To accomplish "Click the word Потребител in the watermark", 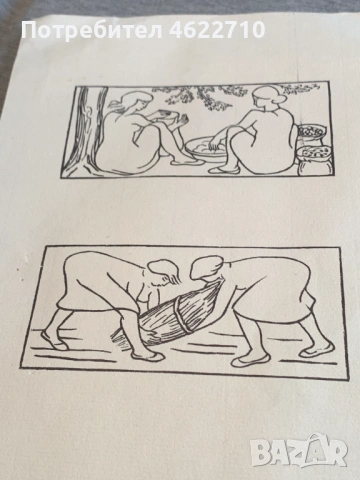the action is click(x=92, y=31).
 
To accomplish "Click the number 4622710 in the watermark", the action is click(x=217, y=30).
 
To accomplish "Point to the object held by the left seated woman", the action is click(x=162, y=115).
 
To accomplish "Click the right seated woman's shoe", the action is click(x=223, y=170).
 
